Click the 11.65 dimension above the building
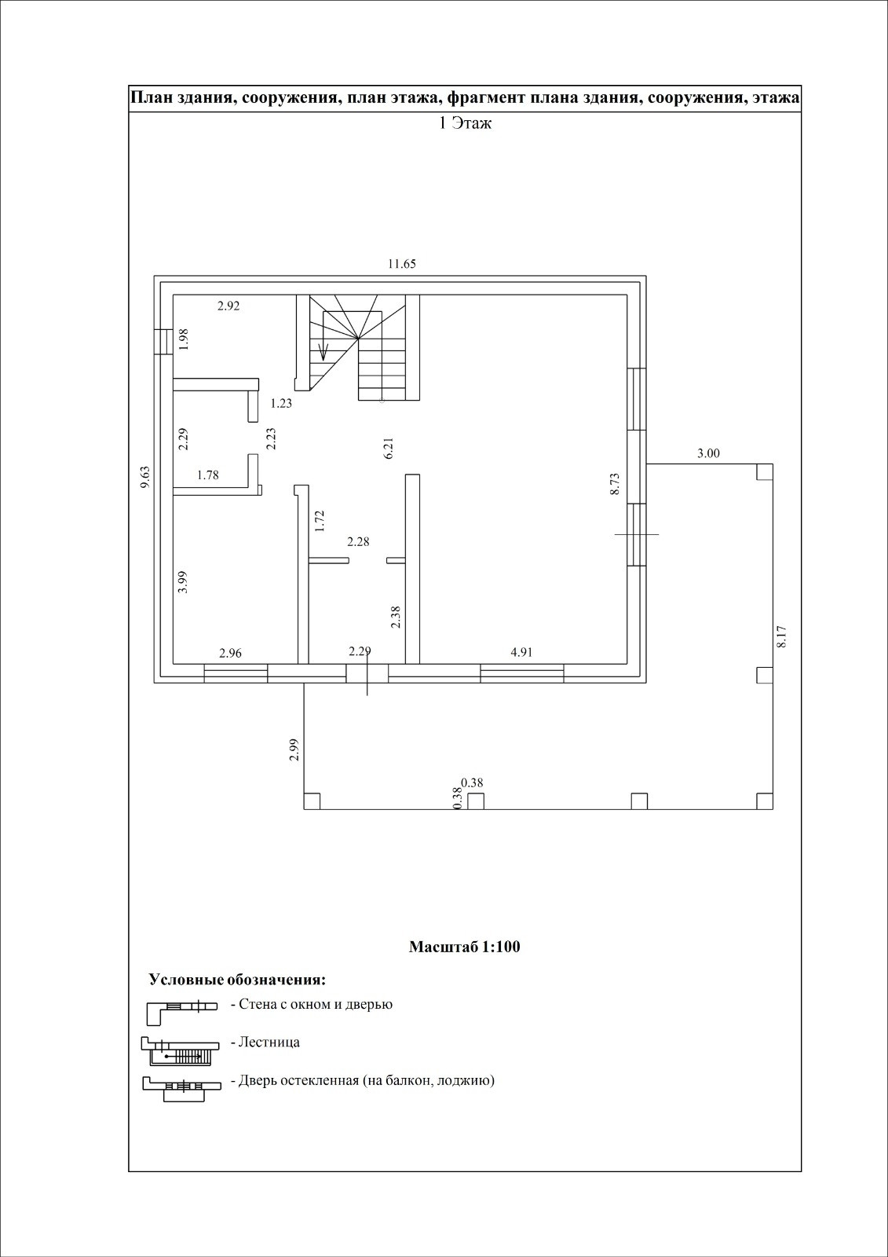click(401, 264)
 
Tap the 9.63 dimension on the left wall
click(144, 478)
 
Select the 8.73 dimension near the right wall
click(615, 482)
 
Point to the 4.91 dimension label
click(522, 651)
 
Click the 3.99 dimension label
click(182, 581)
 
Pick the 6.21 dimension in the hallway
click(388, 449)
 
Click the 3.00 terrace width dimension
click(708, 453)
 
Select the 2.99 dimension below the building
click(294, 749)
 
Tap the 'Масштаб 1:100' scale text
click(465, 947)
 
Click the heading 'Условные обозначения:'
click(237, 980)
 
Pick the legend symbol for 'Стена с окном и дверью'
click(180, 1011)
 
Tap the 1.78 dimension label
click(208, 475)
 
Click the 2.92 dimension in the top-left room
click(228, 306)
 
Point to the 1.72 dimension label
click(319, 521)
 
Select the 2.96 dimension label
click(231, 652)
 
